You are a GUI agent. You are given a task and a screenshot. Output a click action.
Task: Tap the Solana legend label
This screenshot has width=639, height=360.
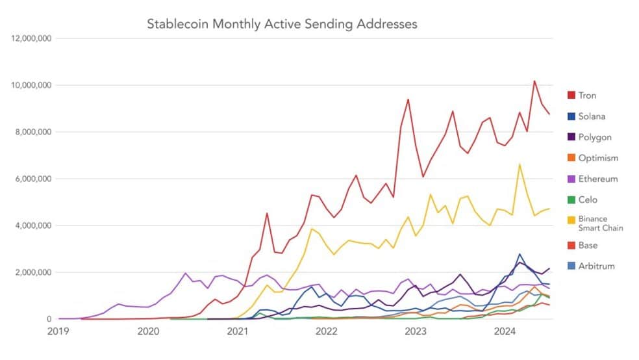point(592,116)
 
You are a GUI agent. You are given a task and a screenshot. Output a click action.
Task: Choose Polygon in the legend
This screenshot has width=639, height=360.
point(595,137)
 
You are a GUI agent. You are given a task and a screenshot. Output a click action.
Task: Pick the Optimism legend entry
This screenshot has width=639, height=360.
point(598,158)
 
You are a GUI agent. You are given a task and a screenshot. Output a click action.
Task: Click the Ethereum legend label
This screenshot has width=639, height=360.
point(598,179)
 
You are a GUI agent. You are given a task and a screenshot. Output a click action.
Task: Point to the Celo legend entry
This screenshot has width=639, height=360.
point(588,199)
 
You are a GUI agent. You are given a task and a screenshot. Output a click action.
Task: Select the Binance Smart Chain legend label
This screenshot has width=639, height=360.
point(601,224)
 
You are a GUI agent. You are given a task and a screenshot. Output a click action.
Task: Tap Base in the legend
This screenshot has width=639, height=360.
point(588,246)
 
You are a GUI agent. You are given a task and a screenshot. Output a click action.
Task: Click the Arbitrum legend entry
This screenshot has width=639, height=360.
point(596,266)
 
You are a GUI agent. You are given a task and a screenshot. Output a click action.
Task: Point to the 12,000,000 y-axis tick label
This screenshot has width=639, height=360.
point(31,38)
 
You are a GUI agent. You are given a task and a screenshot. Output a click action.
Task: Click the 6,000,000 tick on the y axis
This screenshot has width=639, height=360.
point(33,179)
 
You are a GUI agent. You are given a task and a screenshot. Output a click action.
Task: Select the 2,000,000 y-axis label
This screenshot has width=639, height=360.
point(33,272)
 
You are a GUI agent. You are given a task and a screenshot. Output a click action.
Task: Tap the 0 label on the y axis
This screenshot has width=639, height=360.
point(49,319)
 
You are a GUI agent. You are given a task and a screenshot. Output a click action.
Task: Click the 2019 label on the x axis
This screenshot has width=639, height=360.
point(58,331)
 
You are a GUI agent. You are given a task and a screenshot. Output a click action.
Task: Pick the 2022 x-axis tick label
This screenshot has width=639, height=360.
point(327,331)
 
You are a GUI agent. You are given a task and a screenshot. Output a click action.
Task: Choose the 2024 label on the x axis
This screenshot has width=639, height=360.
point(505,331)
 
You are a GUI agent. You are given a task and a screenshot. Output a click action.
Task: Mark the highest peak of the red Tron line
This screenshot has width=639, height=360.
point(534,81)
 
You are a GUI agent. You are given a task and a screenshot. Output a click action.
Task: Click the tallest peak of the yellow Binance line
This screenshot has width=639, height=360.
point(520,164)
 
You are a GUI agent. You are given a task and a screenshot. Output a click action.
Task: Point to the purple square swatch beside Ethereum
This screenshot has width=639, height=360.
point(571,179)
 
